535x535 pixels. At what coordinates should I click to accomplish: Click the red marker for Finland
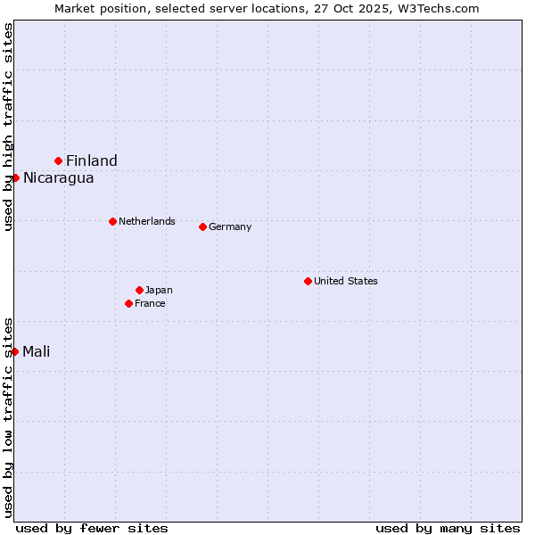click(59, 160)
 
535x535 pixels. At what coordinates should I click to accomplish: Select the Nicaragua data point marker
click(15, 177)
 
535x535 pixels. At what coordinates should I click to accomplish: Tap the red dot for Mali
click(15, 351)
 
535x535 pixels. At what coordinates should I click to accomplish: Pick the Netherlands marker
click(112, 221)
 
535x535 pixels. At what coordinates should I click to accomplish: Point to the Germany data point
click(202, 226)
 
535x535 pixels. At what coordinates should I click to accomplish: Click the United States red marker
click(308, 281)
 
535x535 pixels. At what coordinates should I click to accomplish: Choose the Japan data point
click(139, 290)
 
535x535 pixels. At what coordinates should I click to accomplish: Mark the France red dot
click(128, 303)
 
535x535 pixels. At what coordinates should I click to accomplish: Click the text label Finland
click(92, 160)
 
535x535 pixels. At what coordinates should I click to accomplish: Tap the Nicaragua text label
click(58, 177)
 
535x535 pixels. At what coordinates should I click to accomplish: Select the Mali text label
click(36, 351)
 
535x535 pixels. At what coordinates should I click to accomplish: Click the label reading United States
click(346, 281)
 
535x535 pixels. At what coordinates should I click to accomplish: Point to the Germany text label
click(230, 226)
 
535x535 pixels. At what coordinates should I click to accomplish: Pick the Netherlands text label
click(147, 221)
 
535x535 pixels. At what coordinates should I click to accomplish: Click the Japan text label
click(159, 290)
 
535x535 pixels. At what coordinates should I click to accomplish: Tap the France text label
click(150, 303)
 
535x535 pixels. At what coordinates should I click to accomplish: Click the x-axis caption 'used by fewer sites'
click(92, 528)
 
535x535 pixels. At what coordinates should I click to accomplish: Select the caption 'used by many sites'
click(448, 528)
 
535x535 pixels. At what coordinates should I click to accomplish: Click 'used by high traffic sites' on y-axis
click(8, 127)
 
